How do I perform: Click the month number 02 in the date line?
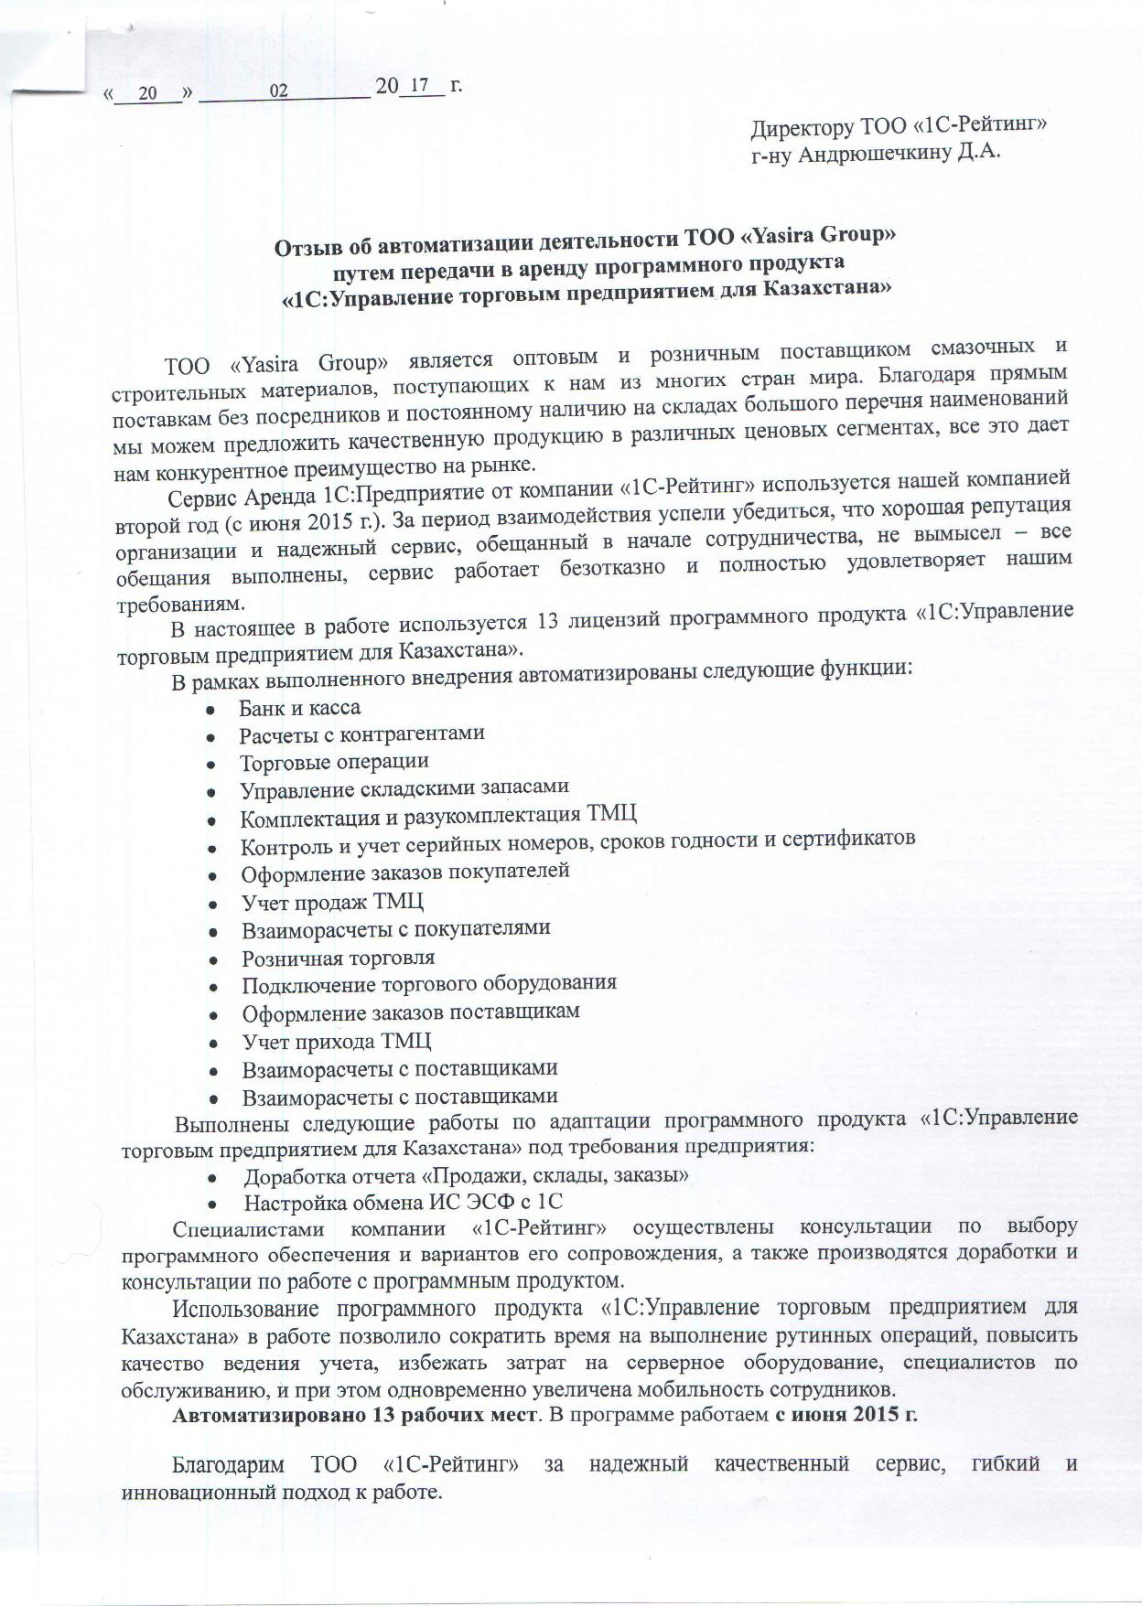tap(278, 91)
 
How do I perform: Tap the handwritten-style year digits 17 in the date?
tap(420, 86)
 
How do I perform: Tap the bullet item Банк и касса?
tap(299, 708)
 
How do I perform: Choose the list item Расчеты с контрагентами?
tap(361, 734)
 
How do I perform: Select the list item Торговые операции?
tap(334, 762)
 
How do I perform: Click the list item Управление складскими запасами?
tap(404, 787)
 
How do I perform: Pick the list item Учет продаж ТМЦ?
tap(332, 902)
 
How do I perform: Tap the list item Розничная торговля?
tap(338, 958)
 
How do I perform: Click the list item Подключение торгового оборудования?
tap(428, 984)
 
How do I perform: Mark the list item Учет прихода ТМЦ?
tap(336, 1041)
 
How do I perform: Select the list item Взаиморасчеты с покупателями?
tap(395, 928)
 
